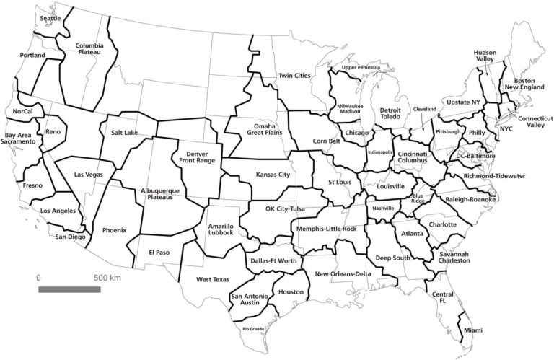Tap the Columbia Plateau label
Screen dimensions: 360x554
[x=91, y=48]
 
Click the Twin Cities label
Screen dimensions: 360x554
[x=294, y=76]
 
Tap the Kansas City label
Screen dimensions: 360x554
[x=273, y=175]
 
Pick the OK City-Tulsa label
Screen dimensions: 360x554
[x=276, y=209]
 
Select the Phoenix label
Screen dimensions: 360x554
[x=114, y=230]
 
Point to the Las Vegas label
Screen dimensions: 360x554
[x=89, y=175]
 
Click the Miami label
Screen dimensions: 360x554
[x=473, y=330]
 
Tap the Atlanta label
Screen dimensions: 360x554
[x=412, y=233]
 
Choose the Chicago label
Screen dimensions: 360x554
[x=357, y=133]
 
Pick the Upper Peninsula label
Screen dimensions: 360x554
[x=360, y=68]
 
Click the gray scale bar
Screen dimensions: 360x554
[x=69, y=289]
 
